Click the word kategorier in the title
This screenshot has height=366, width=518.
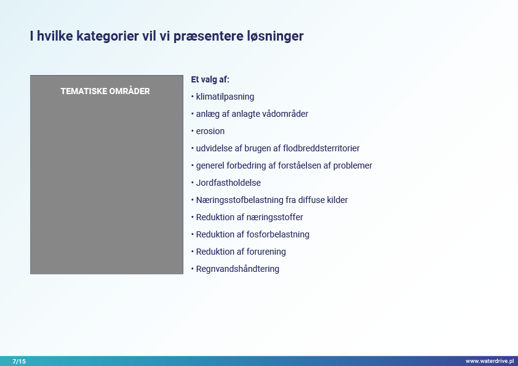tap(108, 36)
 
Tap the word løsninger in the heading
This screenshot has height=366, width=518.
tap(275, 36)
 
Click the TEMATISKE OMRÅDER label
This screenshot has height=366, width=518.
tap(105, 91)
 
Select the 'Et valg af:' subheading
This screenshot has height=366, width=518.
tap(210, 79)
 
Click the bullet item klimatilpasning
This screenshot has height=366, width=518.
tap(225, 97)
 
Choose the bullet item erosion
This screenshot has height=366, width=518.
tap(210, 131)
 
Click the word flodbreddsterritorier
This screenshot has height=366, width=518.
tap(321, 148)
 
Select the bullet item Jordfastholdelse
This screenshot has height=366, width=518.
tap(228, 183)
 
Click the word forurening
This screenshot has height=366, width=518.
tap(266, 252)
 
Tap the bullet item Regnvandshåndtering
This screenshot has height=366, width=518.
tap(237, 269)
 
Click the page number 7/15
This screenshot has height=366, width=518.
tap(19, 361)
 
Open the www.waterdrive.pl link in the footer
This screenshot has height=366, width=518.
tap(490, 361)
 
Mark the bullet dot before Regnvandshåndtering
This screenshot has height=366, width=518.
tap(193, 269)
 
